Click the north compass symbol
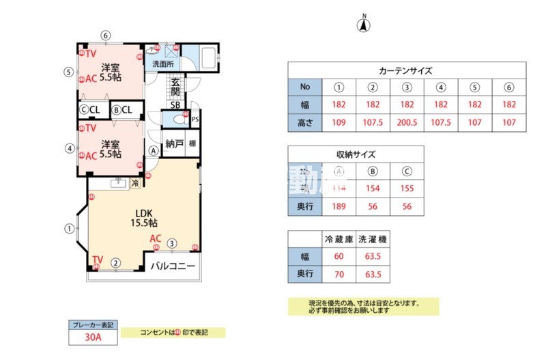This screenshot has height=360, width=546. (x=364, y=25)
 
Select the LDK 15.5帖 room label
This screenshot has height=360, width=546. (x=144, y=218)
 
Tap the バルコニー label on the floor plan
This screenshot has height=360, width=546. (x=173, y=265)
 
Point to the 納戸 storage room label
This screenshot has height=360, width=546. (x=175, y=144)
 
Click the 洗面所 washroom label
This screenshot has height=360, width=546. (x=162, y=64)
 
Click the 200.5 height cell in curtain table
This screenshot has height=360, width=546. (x=407, y=123)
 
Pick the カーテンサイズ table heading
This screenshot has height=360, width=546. (x=406, y=70)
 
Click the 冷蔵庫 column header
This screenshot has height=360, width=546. (x=339, y=240)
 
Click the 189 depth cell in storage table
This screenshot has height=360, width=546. (x=339, y=206)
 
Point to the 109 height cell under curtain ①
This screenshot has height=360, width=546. (x=339, y=123)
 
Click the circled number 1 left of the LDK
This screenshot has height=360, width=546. (x=69, y=229)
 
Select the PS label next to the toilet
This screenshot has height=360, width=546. (x=196, y=118)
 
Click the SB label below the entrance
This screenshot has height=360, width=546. (x=175, y=105)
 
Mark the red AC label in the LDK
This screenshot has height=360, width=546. (x=156, y=238)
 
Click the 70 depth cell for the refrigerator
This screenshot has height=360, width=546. (x=339, y=275)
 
